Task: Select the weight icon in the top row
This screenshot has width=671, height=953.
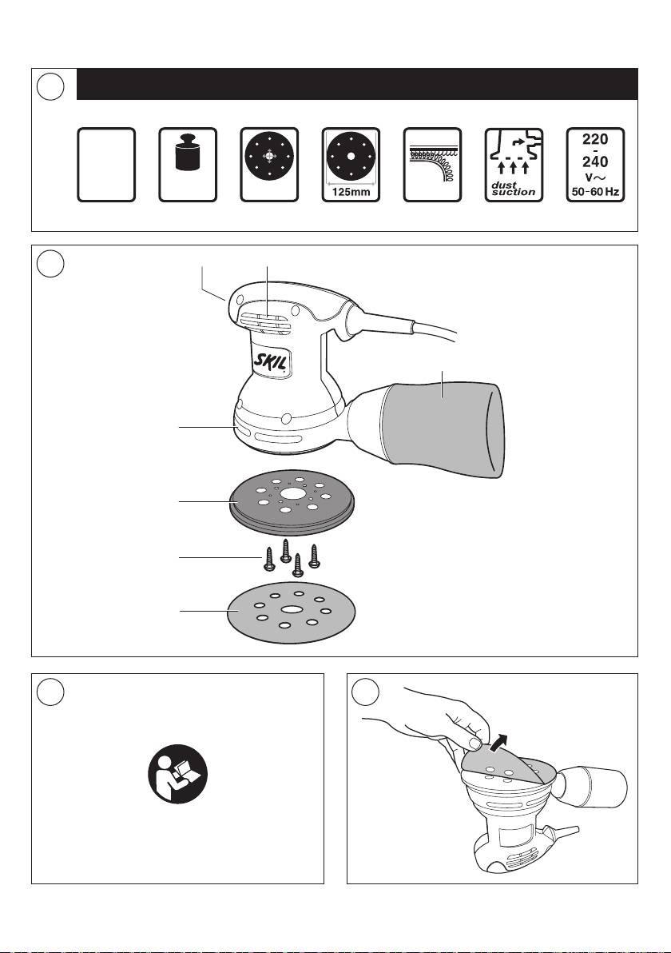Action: coord(188,155)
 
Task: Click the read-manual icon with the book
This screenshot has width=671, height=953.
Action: coord(177,772)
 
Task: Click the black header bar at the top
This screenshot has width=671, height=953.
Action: coord(356,84)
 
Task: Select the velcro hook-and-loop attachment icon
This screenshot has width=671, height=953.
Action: coord(432,164)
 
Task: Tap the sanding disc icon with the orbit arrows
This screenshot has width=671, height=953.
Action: coord(268,156)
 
